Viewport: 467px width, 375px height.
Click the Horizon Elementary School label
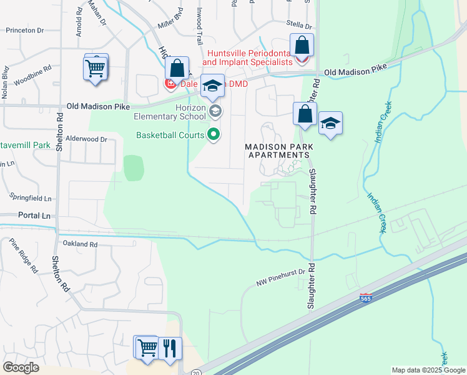click(170, 111)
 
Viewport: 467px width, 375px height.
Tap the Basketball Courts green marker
click(214, 134)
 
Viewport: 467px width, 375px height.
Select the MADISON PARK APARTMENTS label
click(278, 151)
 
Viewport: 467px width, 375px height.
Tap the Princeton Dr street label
click(26, 30)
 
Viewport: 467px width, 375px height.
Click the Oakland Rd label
click(81, 244)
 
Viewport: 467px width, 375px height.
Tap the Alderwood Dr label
click(86, 139)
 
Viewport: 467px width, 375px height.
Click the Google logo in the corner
click(21, 367)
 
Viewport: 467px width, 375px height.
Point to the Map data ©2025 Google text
click(428, 370)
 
